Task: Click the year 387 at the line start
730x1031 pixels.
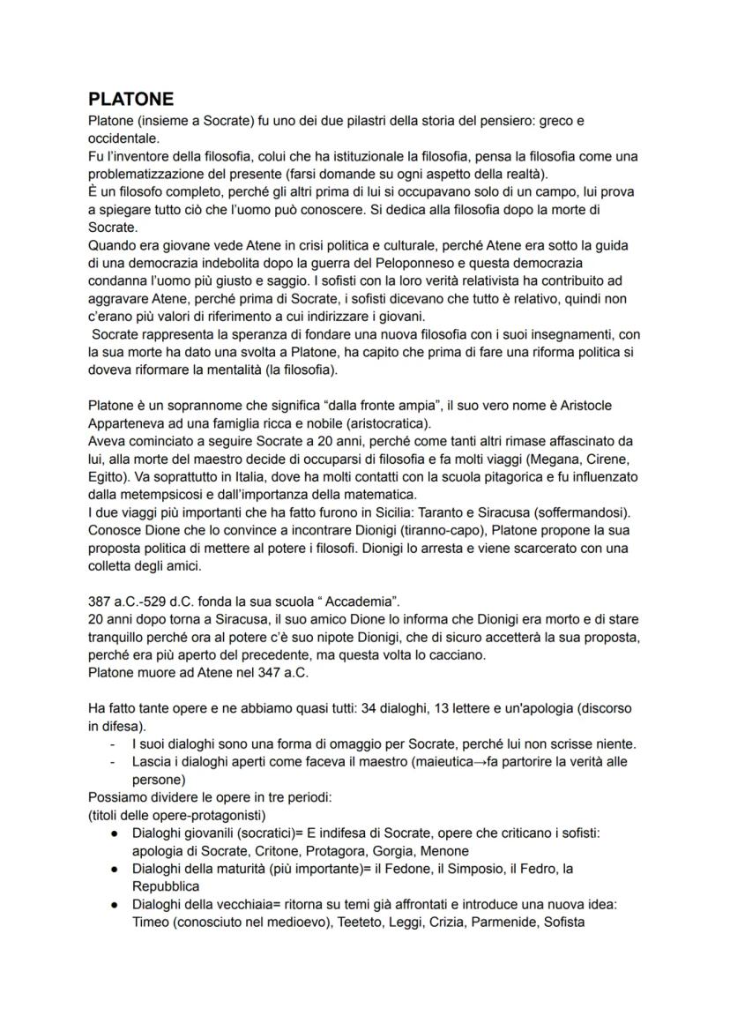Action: point(101,602)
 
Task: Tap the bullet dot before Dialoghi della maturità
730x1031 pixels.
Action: point(115,869)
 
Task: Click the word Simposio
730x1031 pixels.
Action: point(451,869)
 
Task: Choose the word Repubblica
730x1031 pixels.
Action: point(166,886)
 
